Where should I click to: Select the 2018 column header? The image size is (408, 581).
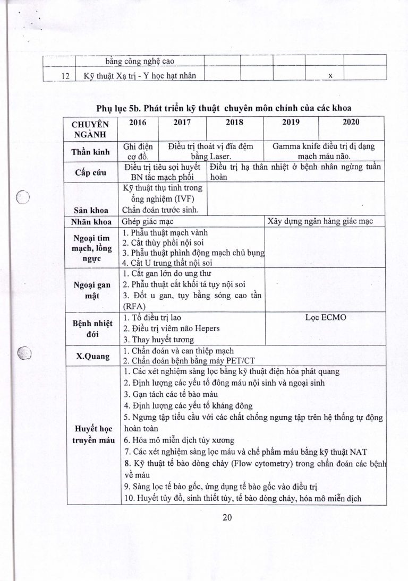(x=234, y=122)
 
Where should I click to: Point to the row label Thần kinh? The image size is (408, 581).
(x=90, y=152)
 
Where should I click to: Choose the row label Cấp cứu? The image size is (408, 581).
(x=90, y=173)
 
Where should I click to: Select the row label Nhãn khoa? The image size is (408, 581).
(x=90, y=222)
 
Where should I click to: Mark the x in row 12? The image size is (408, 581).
(x=330, y=75)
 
